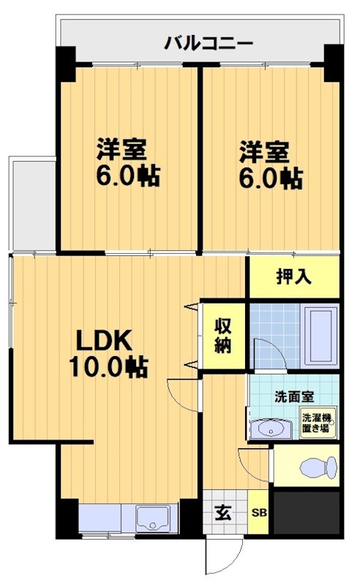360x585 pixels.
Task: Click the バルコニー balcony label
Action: [209, 43]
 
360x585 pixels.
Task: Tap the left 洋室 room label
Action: [123, 151]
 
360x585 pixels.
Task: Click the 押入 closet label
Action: [294, 276]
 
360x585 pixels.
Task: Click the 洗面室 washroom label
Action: [293, 397]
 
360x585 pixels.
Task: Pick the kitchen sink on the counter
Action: [153, 518]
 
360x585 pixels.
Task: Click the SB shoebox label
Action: [260, 513]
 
